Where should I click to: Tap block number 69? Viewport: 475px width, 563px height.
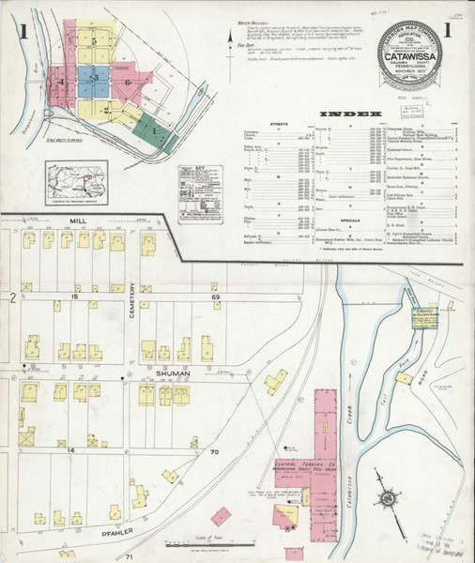click(215, 297)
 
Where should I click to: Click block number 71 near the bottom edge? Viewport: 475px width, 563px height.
click(130, 557)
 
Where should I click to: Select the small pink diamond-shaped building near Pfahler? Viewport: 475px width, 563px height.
click(222, 515)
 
